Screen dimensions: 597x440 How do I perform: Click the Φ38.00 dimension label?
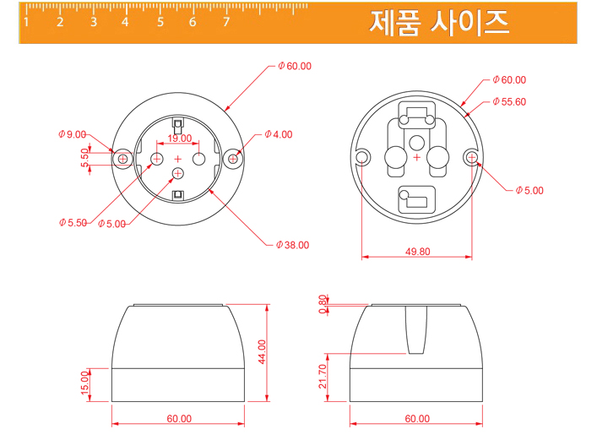click(x=292, y=245)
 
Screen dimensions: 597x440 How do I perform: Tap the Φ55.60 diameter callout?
click(x=509, y=101)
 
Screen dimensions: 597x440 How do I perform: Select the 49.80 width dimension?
click(x=418, y=252)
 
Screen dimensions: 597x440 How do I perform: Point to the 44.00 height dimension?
click(x=262, y=351)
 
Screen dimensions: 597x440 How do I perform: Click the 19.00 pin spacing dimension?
click(x=180, y=139)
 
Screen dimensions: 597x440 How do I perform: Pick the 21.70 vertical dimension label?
click(x=323, y=377)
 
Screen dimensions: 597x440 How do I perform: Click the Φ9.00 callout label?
click(x=73, y=134)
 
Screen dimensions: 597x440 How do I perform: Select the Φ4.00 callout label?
click(x=279, y=134)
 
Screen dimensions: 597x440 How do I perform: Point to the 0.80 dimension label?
click(x=323, y=304)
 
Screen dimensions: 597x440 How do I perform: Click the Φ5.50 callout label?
click(x=73, y=222)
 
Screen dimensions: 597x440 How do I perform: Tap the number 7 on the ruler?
click(x=226, y=22)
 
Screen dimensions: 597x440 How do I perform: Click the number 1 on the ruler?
click(x=26, y=22)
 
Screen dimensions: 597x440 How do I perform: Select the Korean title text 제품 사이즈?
click(x=439, y=23)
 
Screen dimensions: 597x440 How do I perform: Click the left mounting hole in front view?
click(x=122, y=159)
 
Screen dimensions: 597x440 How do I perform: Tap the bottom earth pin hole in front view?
click(x=178, y=174)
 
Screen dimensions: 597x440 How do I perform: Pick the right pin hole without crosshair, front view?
click(x=199, y=159)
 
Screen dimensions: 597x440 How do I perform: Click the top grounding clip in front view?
click(x=178, y=125)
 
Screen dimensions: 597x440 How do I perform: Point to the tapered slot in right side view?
click(x=416, y=329)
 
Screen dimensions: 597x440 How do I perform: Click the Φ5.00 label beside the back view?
click(x=529, y=191)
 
